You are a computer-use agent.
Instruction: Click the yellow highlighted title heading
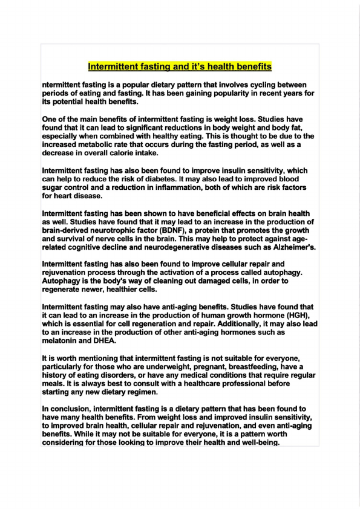click(180, 66)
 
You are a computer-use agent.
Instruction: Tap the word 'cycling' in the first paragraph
click(248, 86)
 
